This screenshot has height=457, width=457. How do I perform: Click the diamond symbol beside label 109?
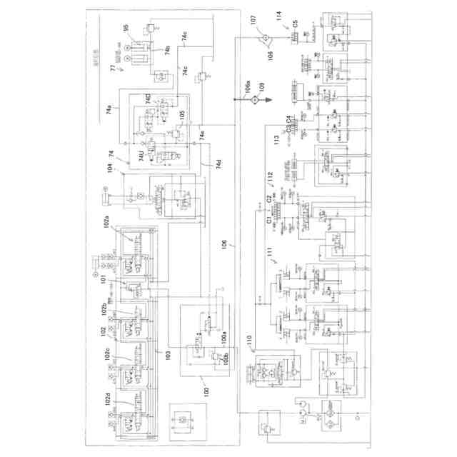253,103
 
